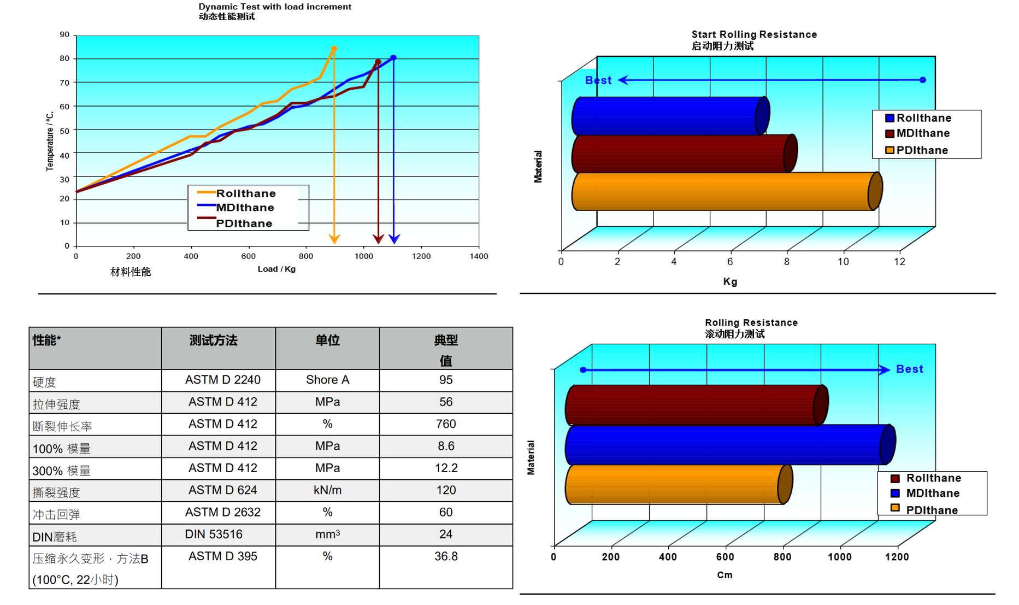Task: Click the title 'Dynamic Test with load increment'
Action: point(274,7)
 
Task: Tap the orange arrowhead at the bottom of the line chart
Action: point(334,239)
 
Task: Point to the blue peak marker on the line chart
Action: point(393,57)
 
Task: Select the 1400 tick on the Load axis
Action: point(479,256)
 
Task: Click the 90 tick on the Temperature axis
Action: point(64,34)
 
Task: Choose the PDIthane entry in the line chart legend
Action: point(244,223)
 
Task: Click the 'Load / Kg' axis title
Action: point(276,269)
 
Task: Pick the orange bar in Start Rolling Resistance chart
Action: point(724,191)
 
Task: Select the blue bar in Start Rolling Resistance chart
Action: point(669,116)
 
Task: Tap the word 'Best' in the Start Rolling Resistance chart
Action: point(598,80)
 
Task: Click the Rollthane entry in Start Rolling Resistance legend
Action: point(923,118)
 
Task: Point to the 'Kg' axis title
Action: point(730,281)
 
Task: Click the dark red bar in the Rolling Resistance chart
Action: point(694,405)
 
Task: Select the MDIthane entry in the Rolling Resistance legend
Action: point(932,494)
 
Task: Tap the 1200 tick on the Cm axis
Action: point(897,557)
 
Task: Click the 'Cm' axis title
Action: point(725,575)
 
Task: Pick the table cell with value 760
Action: point(445,424)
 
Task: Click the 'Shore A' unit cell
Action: point(327,380)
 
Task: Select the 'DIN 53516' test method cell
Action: point(214,534)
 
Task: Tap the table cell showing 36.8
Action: point(445,556)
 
